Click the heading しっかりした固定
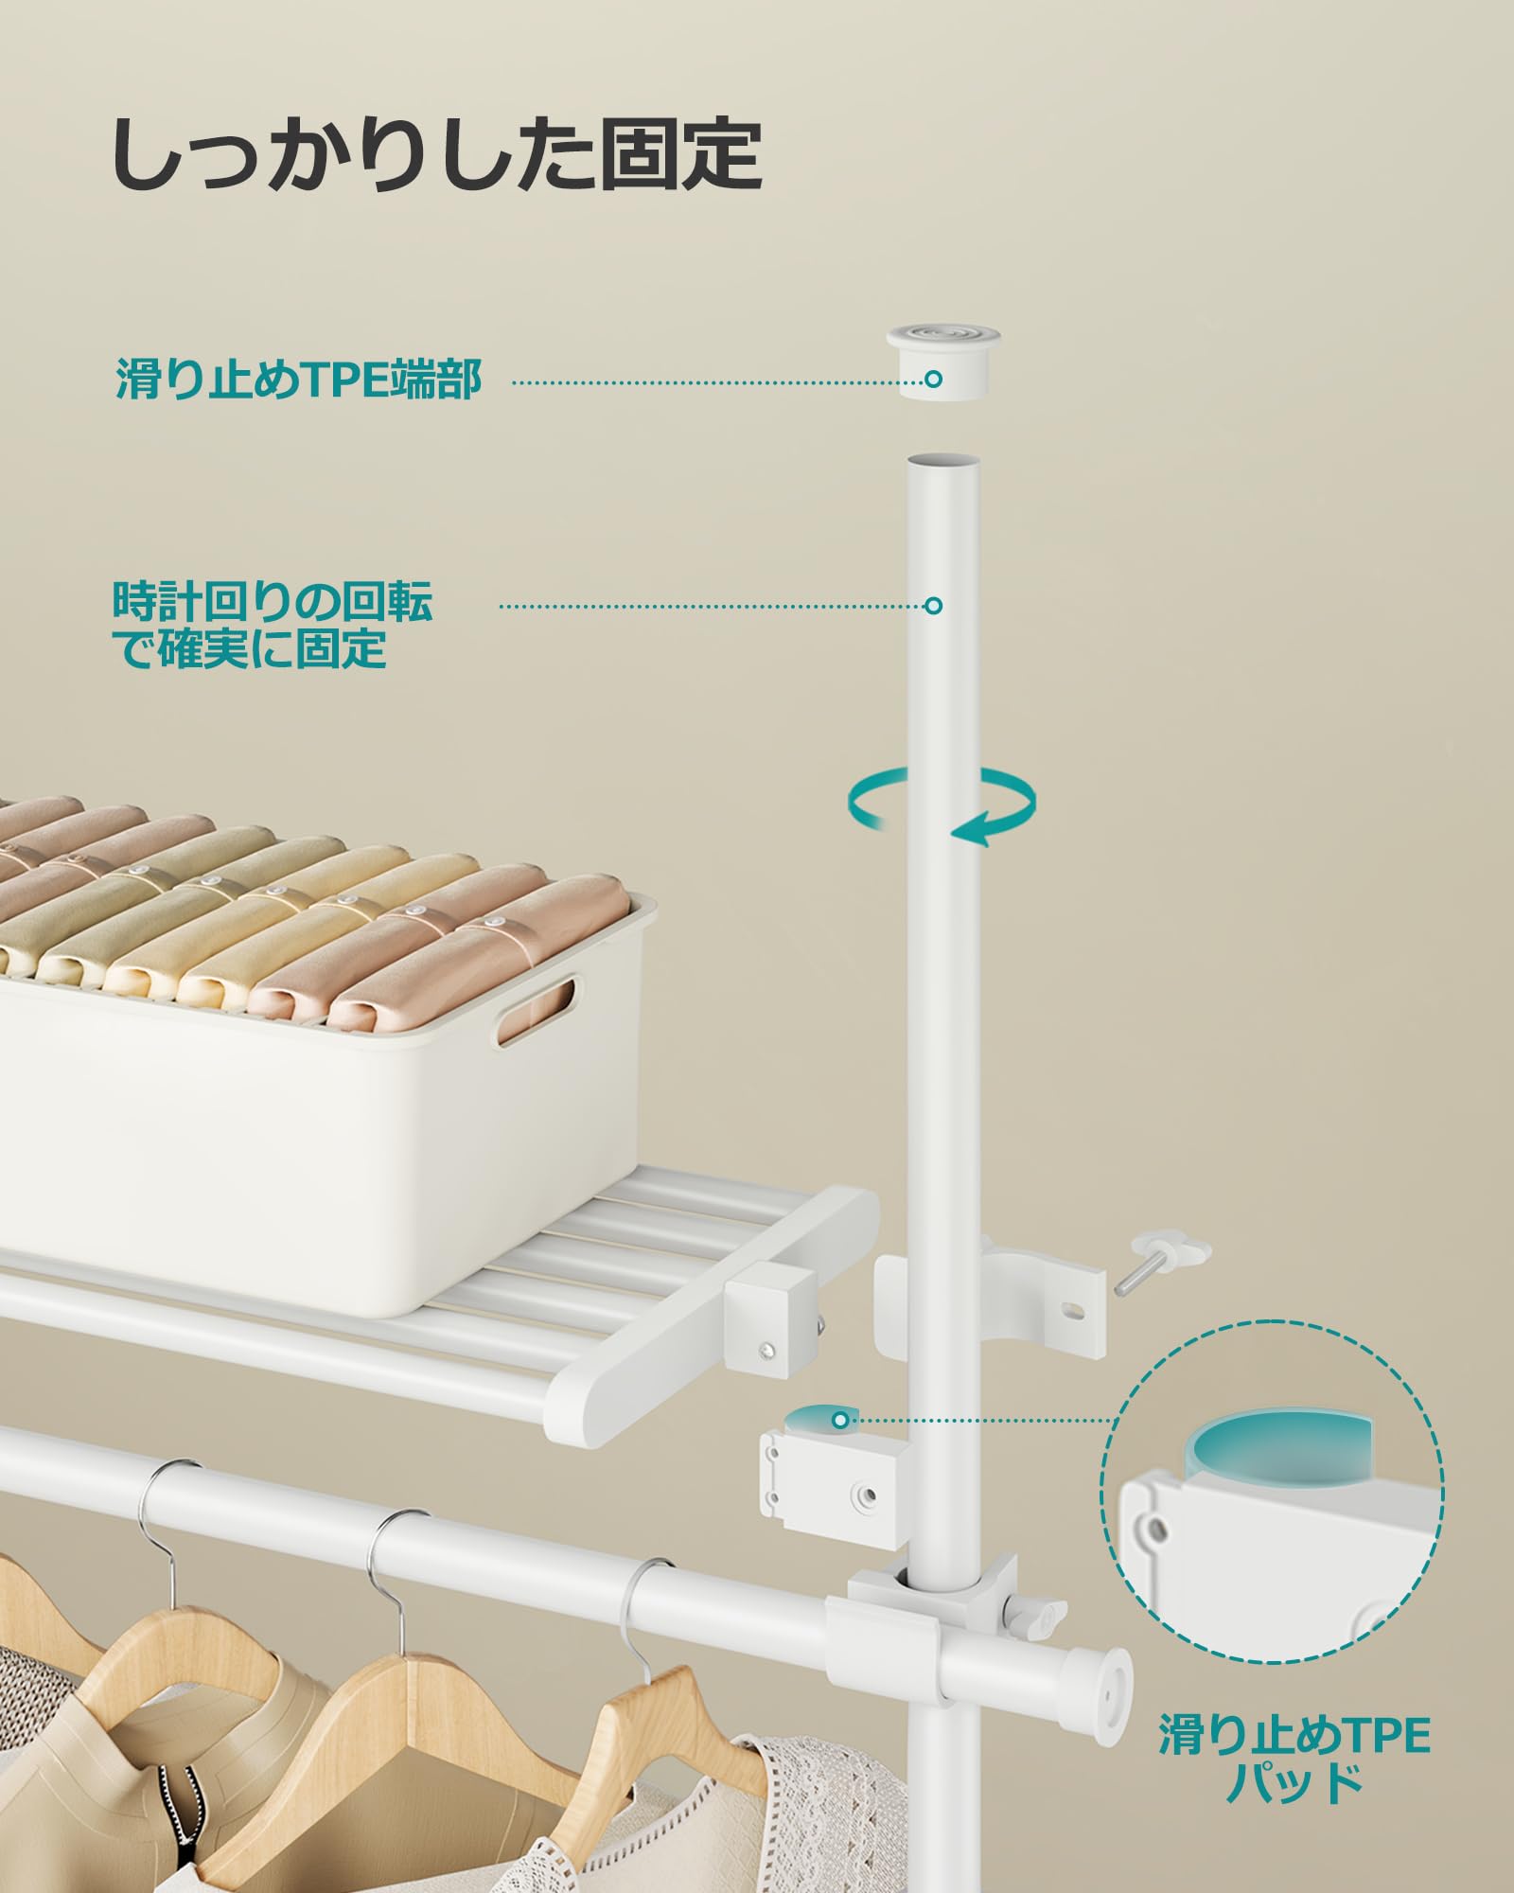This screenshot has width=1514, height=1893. tap(437, 153)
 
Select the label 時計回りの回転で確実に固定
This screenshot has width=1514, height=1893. tap(273, 625)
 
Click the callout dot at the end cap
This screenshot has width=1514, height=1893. tap(933, 380)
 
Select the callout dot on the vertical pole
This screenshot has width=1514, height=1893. tap(933, 606)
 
